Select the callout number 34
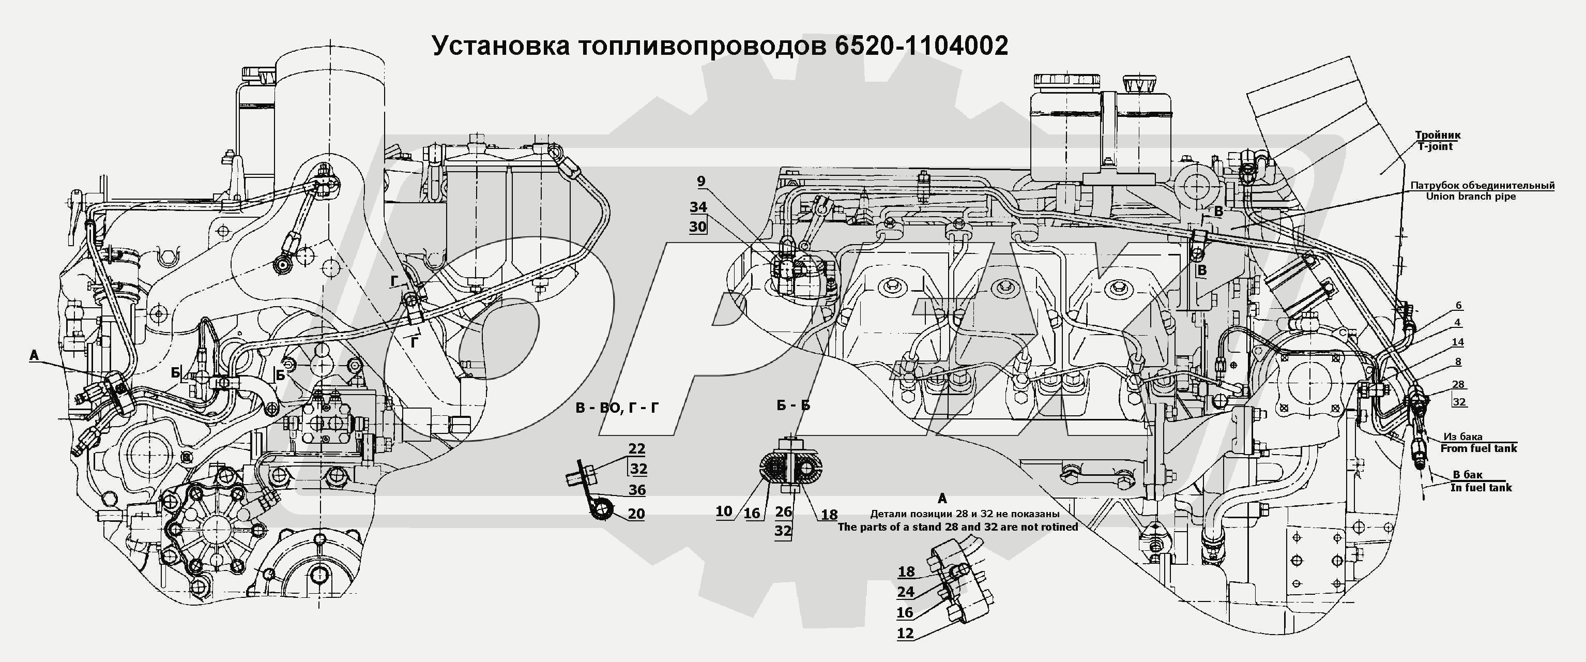point(698,207)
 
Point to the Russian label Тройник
point(1438,135)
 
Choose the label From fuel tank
point(1478,448)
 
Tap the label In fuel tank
point(1481,488)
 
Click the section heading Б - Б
point(793,405)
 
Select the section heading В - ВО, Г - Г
point(618,407)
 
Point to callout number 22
point(636,448)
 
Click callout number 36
point(636,490)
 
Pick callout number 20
point(636,514)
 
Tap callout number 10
point(724,511)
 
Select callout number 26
point(783,511)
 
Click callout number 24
point(906,592)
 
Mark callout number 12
point(905,633)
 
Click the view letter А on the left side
point(34,355)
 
